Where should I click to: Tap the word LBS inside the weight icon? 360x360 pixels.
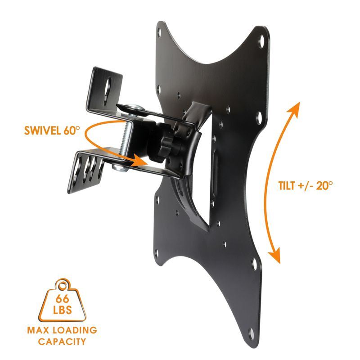coord(62,310)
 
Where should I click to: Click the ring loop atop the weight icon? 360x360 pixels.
coord(62,284)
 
